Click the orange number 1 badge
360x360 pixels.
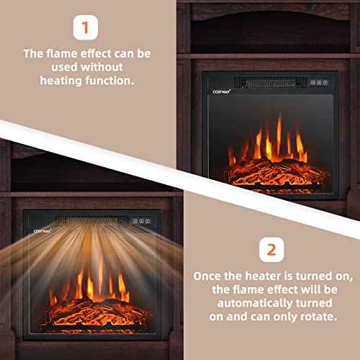(86, 28)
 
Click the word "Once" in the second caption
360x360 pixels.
(208, 274)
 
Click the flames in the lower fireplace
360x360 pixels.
(90, 284)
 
